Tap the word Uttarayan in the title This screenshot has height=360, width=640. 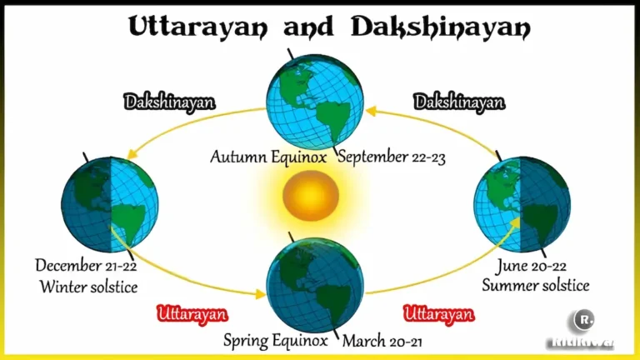coord(198,27)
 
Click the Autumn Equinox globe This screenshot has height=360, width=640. coord(312,100)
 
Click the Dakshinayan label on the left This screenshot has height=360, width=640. coord(169,102)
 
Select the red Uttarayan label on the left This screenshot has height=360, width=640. coord(192,314)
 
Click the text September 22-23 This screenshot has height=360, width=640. coord(392,157)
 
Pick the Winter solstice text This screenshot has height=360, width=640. coord(87,287)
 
